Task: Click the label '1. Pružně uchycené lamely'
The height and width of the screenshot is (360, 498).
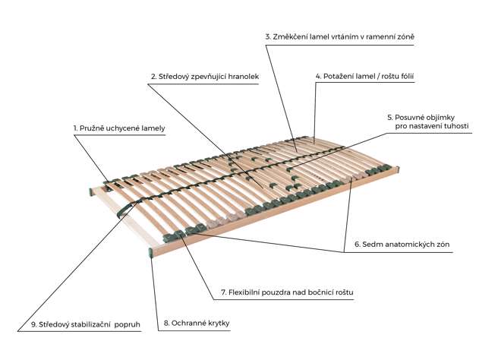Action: tap(119, 129)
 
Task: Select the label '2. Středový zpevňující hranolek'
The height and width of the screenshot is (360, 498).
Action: tap(204, 77)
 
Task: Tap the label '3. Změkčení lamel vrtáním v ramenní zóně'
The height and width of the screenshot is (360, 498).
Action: tap(339, 36)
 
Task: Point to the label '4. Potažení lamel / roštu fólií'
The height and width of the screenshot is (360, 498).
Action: tap(364, 77)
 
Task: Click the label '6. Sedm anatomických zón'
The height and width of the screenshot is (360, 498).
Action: tap(399, 245)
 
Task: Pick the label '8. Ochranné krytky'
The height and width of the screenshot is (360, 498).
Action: tap(196, 324)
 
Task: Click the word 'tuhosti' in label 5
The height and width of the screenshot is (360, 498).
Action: tap(453, 127)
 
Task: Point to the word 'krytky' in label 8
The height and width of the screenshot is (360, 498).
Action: tap(216, 324)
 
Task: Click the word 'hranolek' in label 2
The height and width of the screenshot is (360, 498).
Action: tap(242, 77)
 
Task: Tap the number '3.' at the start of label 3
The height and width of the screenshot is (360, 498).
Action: tap(268, 36)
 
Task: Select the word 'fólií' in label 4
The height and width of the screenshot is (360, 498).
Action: tap(403, 77)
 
